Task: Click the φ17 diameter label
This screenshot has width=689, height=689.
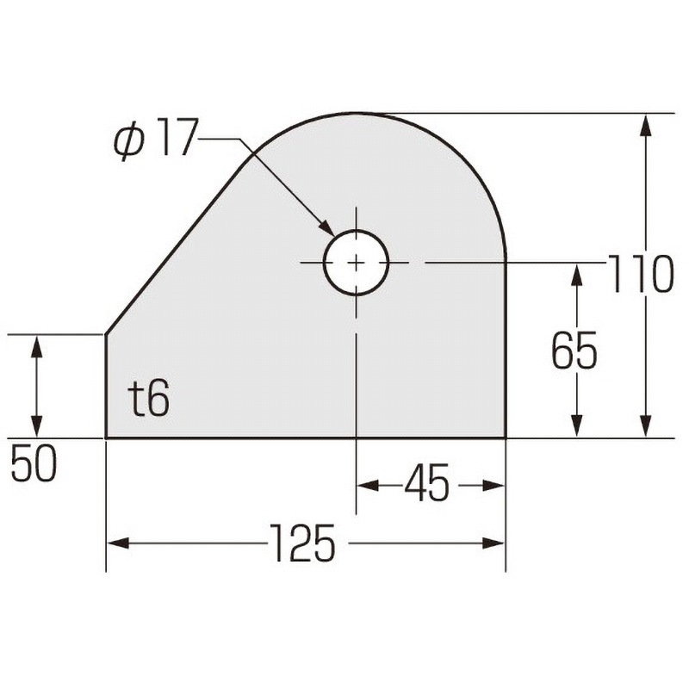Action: (154, 138)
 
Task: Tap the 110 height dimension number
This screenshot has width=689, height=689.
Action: (640, 274)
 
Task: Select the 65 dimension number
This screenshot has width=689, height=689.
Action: (574, 351)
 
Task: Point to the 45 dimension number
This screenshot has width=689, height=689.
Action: (427, 482)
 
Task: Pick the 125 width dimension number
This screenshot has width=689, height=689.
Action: (302, 543)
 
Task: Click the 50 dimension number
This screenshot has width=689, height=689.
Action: (34, 462)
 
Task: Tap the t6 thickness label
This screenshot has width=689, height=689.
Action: (150, 399)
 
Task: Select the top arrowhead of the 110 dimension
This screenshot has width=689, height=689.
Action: (645, 125)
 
